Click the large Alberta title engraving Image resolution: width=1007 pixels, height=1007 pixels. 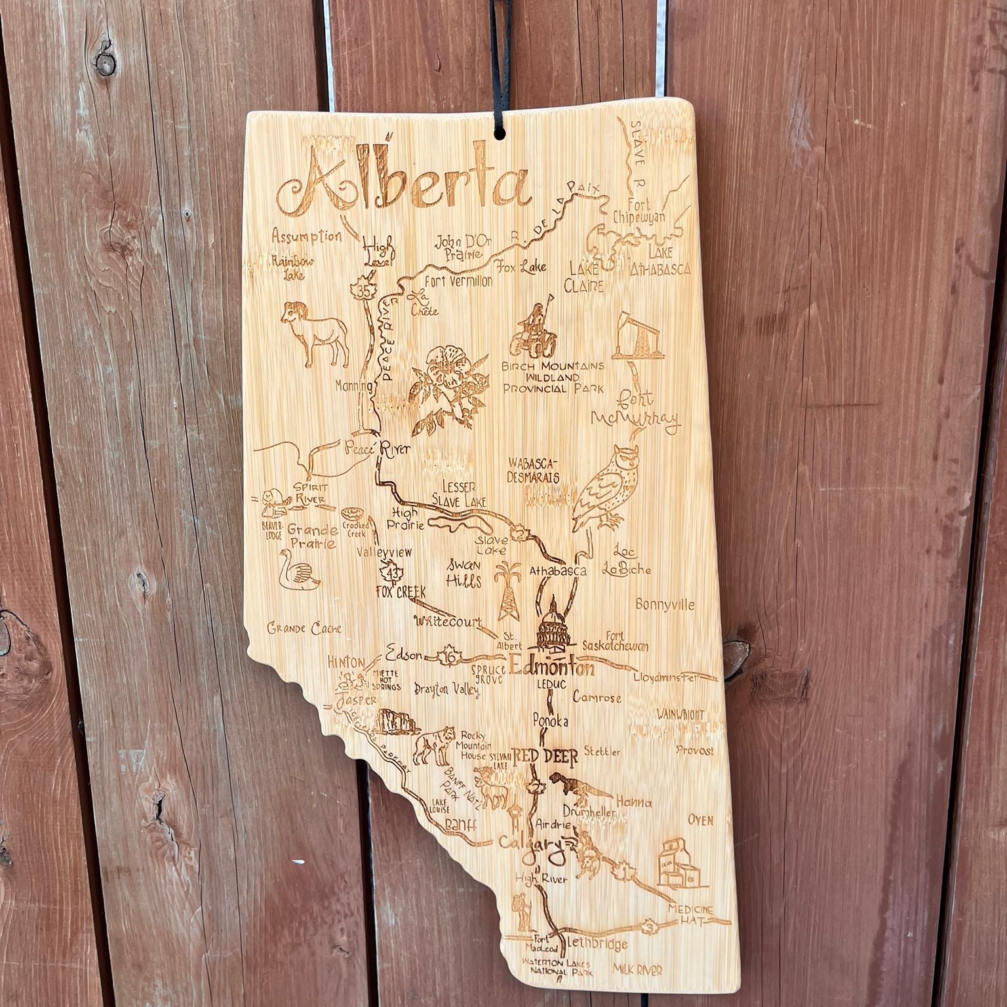point(403,182)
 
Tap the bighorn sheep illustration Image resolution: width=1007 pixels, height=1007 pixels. point(317,333)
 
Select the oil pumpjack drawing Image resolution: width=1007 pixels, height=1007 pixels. point(633,336)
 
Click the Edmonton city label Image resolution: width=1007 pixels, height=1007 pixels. point(552,669)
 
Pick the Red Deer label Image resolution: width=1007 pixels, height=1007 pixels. point(545,758)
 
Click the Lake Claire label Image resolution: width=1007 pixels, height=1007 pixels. point(586,277)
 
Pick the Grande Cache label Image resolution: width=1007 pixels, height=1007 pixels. point(305,629)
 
